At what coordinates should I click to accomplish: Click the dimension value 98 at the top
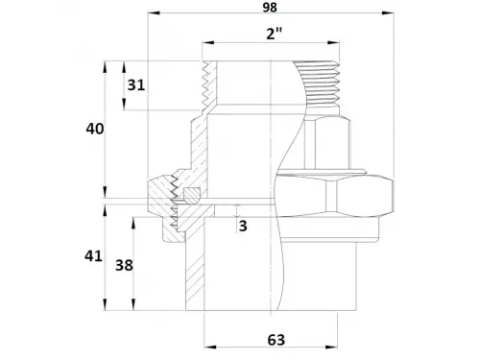click(270, 7)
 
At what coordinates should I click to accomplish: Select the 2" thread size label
click(275, 33)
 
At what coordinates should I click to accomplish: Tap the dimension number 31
click(136, 85)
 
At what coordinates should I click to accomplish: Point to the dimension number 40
click(95, 129)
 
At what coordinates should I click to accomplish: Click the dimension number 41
click(93, 256)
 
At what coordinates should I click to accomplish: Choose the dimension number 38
click(124, 265)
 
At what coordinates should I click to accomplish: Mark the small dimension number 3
click(243, 226)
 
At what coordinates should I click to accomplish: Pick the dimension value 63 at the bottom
click(276, 340)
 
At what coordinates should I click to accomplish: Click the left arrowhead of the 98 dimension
click(154, 12)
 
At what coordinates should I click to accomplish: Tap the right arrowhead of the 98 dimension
click(388, 12)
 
